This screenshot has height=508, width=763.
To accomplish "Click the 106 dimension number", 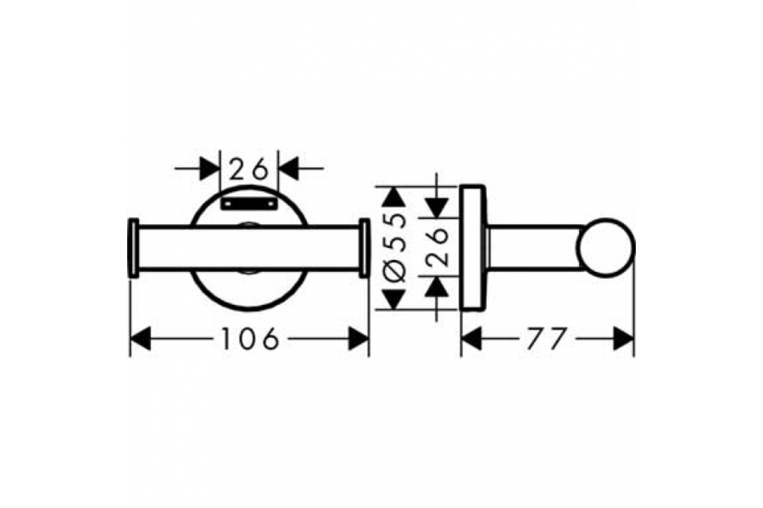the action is coord(251,338).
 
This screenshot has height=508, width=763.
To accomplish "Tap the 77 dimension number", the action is coord(547,338).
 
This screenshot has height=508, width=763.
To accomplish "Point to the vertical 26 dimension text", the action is coord(437,247).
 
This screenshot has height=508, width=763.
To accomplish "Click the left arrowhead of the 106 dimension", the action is coord(141,338).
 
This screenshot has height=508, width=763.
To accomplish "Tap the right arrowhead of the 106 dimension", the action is coord(359,338).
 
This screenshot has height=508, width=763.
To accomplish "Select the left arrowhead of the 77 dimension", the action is coord(471,338).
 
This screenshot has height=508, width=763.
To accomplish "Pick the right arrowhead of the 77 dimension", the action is coord(624,338).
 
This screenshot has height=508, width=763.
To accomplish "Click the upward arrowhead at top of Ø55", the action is coord(394,197).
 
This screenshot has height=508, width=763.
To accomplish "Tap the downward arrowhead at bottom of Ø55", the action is coord(394,300).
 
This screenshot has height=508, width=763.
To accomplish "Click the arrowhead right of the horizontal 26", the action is coord(289,169).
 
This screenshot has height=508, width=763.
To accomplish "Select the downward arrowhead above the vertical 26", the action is coord(437,208).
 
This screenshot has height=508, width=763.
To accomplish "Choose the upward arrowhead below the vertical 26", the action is coord(437,287).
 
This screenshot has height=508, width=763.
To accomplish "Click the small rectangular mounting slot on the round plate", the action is coord(249,204).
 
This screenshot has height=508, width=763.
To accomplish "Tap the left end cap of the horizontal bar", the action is coord(133,248).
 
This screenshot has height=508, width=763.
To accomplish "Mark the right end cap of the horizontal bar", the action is coord(364,248).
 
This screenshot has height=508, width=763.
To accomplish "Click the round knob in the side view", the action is coord(605,248).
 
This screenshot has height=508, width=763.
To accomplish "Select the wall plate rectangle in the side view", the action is coord(473,248).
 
